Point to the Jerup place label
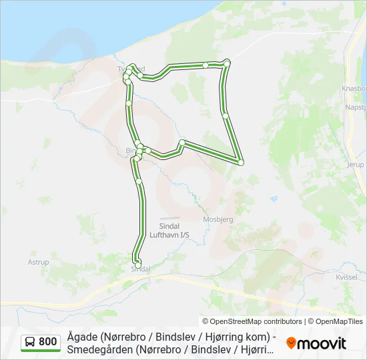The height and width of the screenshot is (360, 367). pyautogui.click(x=355, y=164)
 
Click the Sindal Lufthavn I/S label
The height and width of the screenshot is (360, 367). pyautogui.click(x=169, y=230)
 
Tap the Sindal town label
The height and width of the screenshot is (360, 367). pyautogui.click(x=140, y=269)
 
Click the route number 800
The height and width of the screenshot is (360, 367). pyautogui.click(x=47, y=342)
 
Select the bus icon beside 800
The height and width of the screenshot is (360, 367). pyautogui.click(x=30, y=342)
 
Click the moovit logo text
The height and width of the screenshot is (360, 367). pyautogui.click(x=322, y=343)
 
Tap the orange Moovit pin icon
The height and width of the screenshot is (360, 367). pyautogui.click(x=291, y=343)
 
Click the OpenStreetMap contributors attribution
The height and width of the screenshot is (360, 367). pyautogui.click(x=252, y=321)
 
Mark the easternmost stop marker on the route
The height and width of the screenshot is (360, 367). pyautogui.click(x=240, y=162)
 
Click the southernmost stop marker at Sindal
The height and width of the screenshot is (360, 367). pyautogui.click(x=137, y=265)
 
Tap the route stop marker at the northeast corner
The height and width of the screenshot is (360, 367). pyautogui.click(x=227, y=63)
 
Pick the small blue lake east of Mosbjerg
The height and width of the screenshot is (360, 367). pyautogui.click(x=273, y=199)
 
